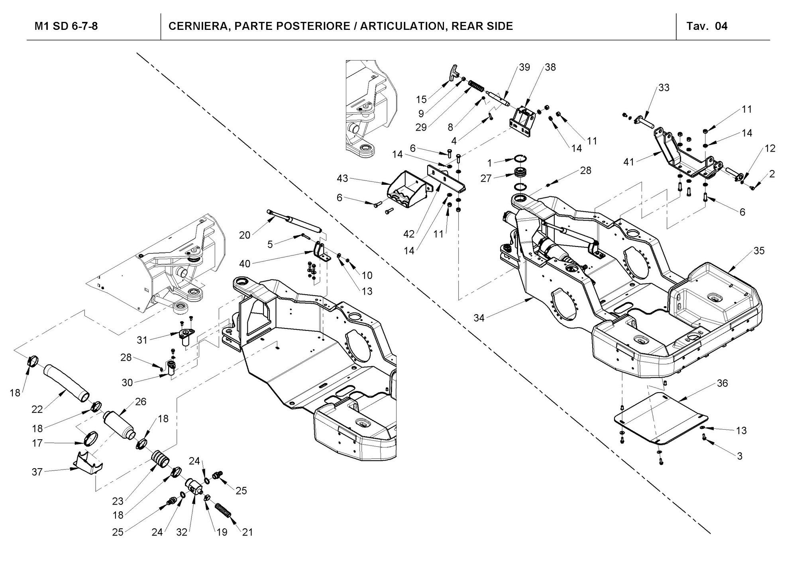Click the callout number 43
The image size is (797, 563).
(x=342, y=178)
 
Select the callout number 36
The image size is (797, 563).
(x=722, y=383)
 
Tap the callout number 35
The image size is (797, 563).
(x=759, y=250)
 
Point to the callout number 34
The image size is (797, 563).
(x=479, y=318)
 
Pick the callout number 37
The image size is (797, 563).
(x=37, y=472)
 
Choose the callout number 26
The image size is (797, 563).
(x=141, y=401)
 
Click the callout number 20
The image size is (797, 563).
(x=245, y=235)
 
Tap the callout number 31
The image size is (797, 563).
(x=142, y=340)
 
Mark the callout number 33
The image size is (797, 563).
(x=664, y=88)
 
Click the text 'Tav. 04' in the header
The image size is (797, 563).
(x=707, y=26)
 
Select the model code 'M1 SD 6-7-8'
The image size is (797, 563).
(x=66, y=26)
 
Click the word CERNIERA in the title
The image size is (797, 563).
(x=198, y=26)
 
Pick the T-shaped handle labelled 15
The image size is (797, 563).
(x=453, y=72)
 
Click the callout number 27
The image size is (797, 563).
(x=486, y=178)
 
